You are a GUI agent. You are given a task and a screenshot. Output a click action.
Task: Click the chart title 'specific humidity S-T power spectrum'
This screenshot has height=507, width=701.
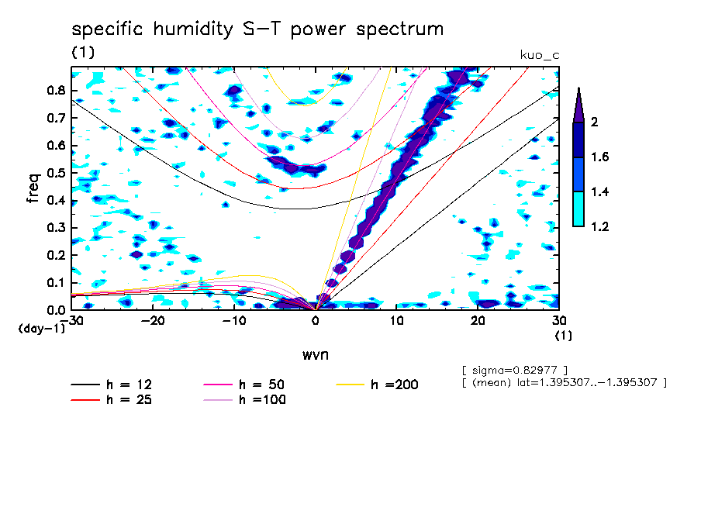(257, 29)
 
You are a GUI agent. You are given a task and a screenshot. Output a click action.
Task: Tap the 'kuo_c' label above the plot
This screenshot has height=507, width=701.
(539, 54)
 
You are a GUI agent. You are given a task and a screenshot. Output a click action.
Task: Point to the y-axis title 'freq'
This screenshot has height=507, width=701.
(33, 188)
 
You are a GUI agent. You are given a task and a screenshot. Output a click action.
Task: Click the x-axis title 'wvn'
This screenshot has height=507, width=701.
(315, 354)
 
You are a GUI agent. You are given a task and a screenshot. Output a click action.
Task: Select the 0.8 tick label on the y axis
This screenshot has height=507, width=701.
(55, 90)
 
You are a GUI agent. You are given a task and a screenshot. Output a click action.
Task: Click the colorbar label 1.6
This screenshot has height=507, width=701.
(599, 157)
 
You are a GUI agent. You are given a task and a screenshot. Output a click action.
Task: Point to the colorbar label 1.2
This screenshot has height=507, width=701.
(599, 226)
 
